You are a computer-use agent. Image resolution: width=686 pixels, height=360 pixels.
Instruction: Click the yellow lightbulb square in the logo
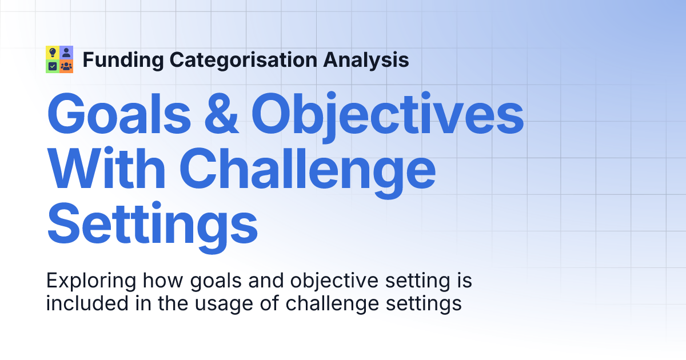click(53, 53)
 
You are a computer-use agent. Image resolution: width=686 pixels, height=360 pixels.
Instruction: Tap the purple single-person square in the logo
click(66, 53)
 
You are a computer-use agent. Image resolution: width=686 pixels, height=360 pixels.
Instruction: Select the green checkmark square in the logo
click(53, 66)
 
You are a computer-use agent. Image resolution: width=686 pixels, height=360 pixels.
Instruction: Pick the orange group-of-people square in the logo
click(66, 66)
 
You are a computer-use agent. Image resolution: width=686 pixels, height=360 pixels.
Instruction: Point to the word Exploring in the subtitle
click(91, 282)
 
